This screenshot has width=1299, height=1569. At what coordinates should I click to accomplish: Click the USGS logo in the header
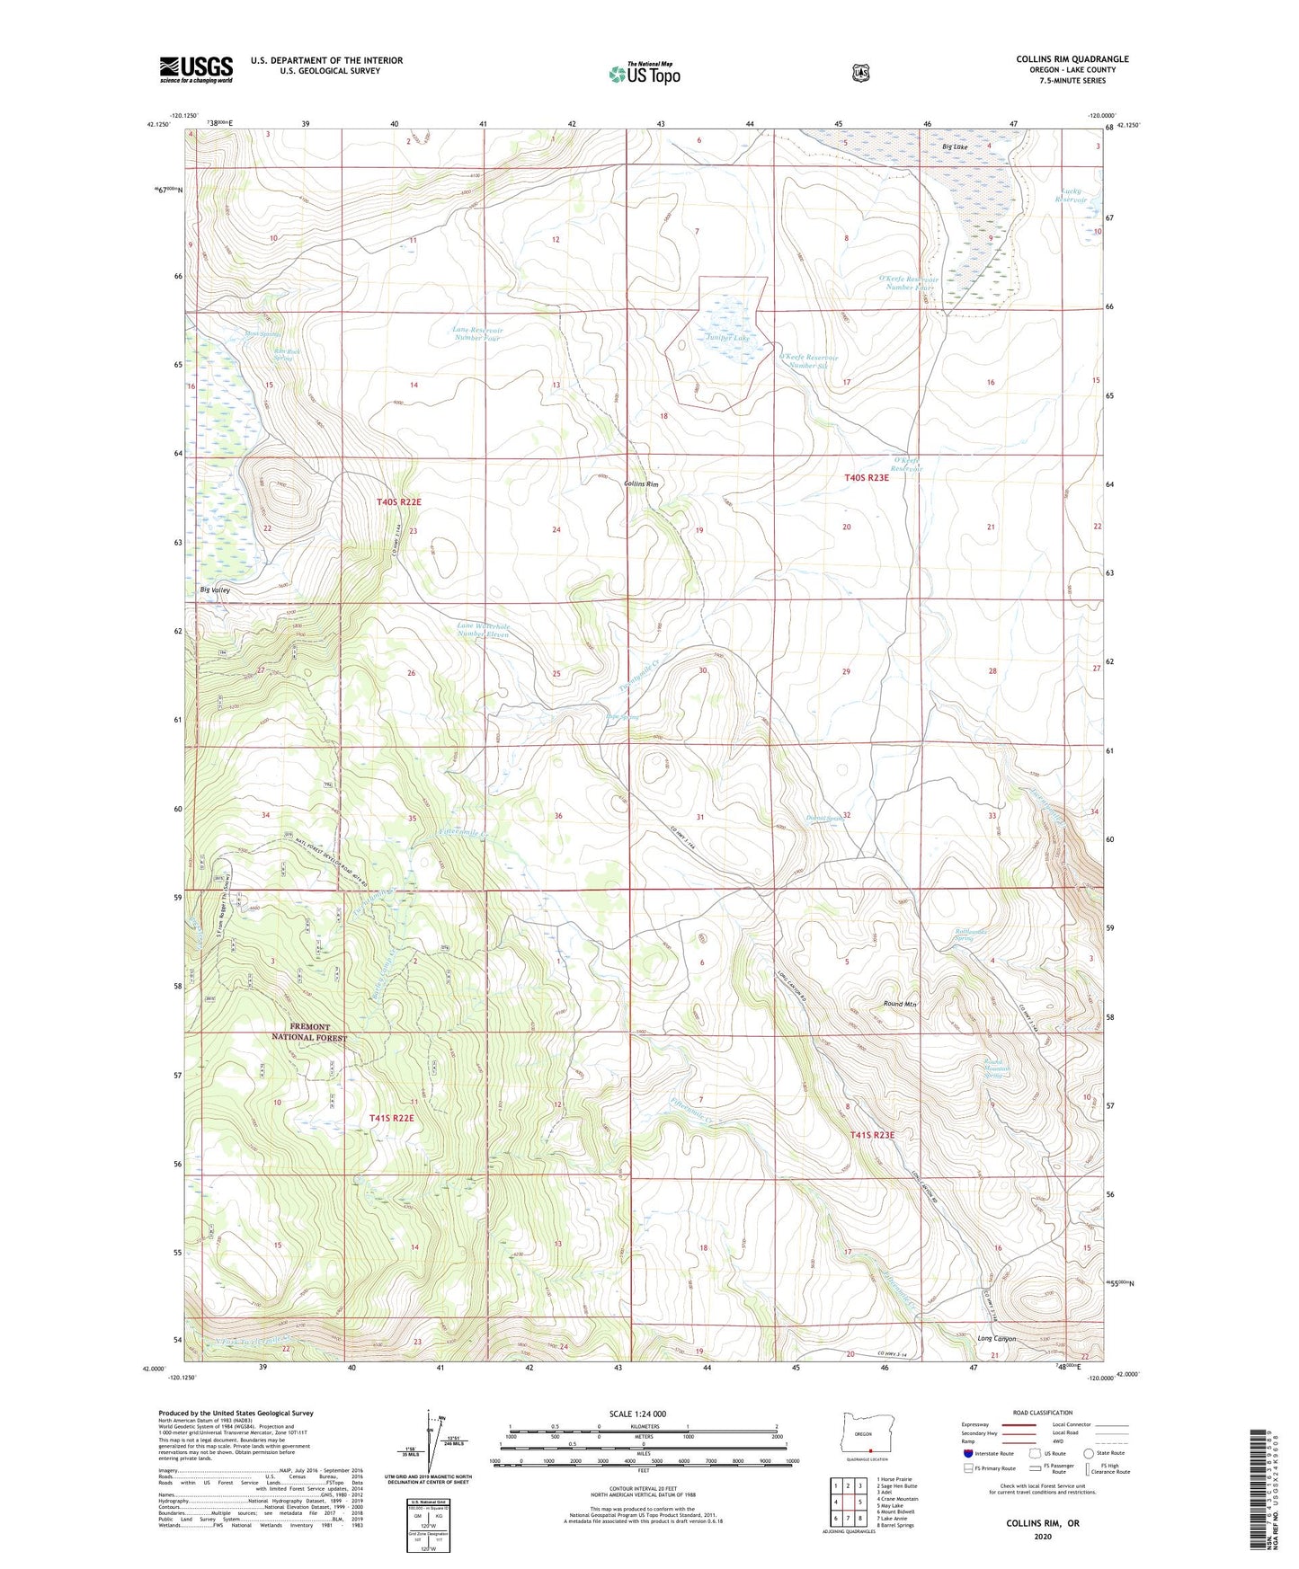click(x=196, y=69)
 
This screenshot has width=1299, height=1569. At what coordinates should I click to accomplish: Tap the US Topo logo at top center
click(x=644, y=74)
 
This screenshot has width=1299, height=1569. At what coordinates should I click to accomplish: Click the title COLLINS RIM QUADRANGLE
click(x=1072, y=59)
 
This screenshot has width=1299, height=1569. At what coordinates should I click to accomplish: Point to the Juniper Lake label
click(x=726, y=338)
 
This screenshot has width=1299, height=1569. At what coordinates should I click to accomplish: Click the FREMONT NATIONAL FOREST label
click(x=309, y=1032)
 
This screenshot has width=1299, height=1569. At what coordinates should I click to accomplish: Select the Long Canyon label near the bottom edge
click(x=996, y=1339)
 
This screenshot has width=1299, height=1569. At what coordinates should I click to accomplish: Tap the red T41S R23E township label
click(x=873, y=1135)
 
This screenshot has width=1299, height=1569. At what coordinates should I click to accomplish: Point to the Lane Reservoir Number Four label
click(x=478, y=334)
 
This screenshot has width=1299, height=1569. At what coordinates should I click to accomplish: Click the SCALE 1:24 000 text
click(x=637, y=1414)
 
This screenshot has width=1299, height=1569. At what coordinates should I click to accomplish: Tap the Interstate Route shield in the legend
click(x=967, y=1453)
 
